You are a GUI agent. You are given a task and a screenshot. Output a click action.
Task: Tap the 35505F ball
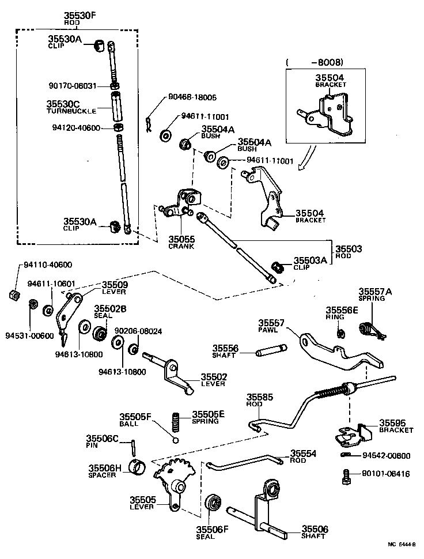pos(176,441)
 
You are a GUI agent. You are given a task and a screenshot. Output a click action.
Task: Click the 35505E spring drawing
pos(176,422)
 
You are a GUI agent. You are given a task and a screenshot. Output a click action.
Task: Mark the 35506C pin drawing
pos(132,447)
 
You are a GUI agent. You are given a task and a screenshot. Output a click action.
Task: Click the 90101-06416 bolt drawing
pos(346,477)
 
